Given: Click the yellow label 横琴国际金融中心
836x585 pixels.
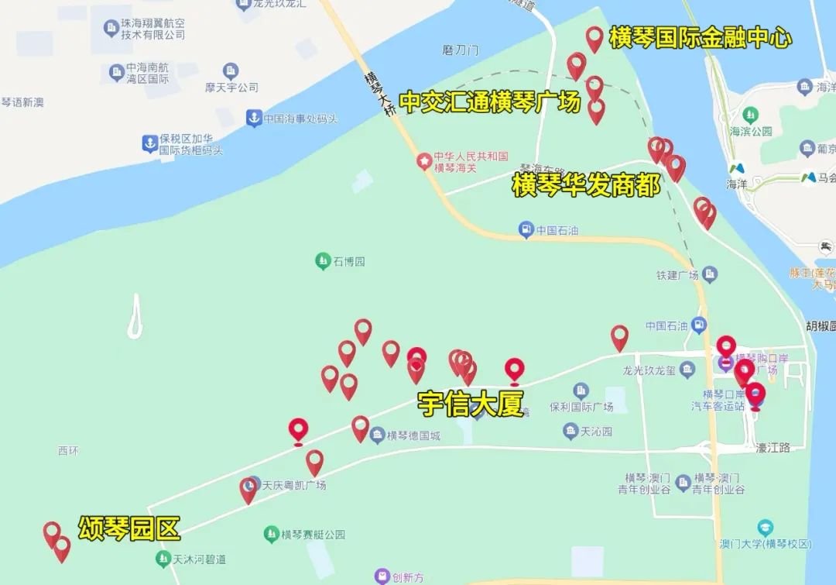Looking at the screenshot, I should coord(700,38).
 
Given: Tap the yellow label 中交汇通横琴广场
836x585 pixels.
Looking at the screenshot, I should coord(489,102).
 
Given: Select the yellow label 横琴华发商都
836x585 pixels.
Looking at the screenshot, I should coord(586,185).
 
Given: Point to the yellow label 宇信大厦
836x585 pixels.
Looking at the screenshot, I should coord(471,404).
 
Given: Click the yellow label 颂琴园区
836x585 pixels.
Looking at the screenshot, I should coord(129,528).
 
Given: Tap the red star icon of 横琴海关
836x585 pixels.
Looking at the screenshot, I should coord(424,160).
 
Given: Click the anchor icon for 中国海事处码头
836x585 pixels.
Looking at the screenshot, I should coord(252,119).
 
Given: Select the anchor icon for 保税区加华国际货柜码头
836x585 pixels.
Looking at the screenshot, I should coord(149,143).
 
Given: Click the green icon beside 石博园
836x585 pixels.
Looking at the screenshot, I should coord(323,261).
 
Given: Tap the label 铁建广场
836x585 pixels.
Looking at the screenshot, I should coord(677,275).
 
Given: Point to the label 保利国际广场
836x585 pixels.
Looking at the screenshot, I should coord(581,406).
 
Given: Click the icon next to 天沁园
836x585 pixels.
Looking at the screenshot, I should coord(570,431).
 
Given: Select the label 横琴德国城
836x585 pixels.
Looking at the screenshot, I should coord(413,435).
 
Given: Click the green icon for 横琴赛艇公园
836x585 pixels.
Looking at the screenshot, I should coord(271,534).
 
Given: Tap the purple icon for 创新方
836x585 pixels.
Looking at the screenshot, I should coord(382,576).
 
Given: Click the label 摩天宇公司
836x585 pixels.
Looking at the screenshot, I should coord(231,88).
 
